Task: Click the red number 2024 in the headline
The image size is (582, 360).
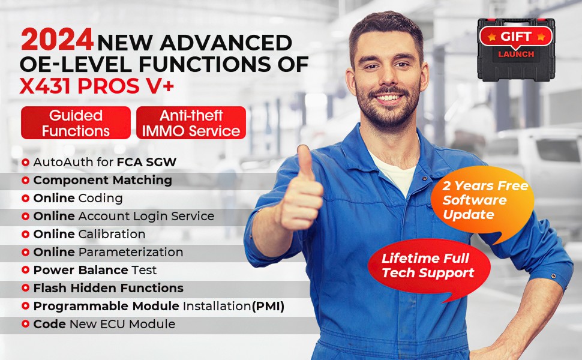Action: pos(57,40)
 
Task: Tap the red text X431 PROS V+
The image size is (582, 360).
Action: pos(97,86)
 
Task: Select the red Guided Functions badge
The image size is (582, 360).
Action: pos(76,123)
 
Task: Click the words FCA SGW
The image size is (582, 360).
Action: pos(146,162)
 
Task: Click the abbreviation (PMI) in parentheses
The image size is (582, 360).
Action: pos(268,306)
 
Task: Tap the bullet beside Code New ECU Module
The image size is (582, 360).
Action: pos(25,324)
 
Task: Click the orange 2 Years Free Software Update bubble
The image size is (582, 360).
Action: pos(482,202)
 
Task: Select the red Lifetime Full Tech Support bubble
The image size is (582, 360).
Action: pos(430,267)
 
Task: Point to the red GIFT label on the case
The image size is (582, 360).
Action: pos(516,37)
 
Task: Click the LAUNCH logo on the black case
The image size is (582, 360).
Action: pos(516,54)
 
